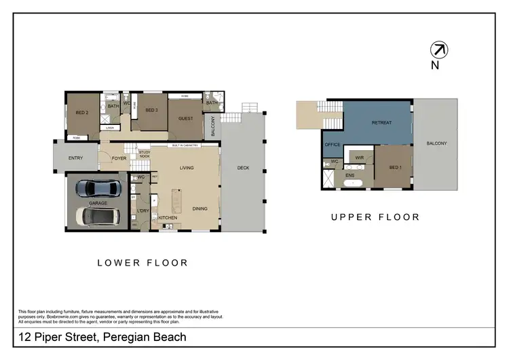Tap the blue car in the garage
[96, 187]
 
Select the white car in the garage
[96, 216]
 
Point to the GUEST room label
[185, 118]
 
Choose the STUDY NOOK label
[144, 154]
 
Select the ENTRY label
[76, 158]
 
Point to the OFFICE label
[332, 145]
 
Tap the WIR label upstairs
[360, 158]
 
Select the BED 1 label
[396, 168]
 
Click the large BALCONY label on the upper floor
[436, 143]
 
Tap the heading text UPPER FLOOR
[375, 217]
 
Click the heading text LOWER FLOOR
[142, 262]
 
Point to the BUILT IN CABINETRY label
[184, 146]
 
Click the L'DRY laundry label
[143, 211]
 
